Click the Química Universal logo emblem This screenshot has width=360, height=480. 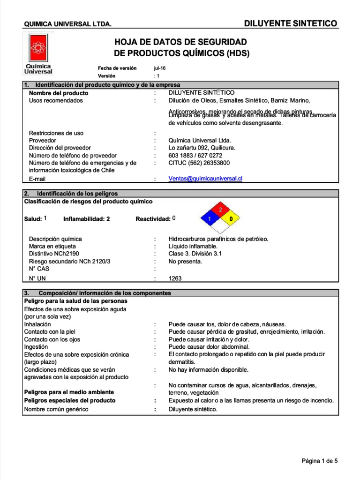(x=37, y=48)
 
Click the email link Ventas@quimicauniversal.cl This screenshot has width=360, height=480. (x=205, y=179)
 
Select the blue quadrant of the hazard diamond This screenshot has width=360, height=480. (x=210, y=219)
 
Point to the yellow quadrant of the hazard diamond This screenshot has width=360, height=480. (x=230, y=219)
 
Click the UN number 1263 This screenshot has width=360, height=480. (x=175, y=278)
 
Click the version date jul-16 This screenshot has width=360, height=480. (x=160, y=68)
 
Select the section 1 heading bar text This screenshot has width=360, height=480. (x=108, y=85)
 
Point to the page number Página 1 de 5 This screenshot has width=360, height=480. (x=319, y=461)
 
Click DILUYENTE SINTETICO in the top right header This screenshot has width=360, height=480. (x=290, y=23)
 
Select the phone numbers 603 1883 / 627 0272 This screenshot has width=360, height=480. (x=195, y=155)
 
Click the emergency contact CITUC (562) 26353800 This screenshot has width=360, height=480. (x=199, y=163)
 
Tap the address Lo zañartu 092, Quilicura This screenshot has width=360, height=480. (x=202, y=148)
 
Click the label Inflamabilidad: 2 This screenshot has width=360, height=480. (x=87, y=219)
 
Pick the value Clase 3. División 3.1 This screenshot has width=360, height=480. (x=195, y=254)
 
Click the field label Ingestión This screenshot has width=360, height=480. (x=36, y=347)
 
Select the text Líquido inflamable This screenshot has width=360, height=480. (x=193, y=246)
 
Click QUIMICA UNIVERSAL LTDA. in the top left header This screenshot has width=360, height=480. (x=67, y=24)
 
